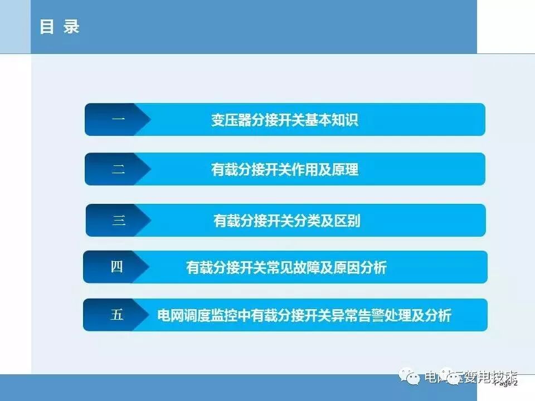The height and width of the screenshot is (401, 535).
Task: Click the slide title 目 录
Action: pyautogui.click(x=60, y=27)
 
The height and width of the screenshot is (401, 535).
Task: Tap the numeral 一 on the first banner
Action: pyautogui.click(x=118, y=119)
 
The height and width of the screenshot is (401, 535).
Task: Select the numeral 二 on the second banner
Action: pyautogui.click(x=118, y=169)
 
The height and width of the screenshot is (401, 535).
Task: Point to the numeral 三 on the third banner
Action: pyautogui.click(x=119, y=220)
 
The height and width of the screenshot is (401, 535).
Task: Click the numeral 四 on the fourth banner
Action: pyautogui.click(x=116, y=267)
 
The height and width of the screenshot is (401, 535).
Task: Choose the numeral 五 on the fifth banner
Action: pyautogui.click(x=116, y=315)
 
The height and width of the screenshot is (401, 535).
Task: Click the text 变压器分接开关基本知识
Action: pyautogui.click(x=284, y=120)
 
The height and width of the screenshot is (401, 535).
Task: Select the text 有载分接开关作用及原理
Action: pyautogui.click(x=284, y=169)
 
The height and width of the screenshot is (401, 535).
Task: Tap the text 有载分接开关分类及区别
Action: pyautogui.click(x=286, y=221)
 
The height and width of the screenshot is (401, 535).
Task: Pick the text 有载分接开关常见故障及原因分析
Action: pyautogui.click(x=286, y=268)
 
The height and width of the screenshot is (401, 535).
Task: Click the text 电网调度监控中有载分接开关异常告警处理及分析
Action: pyautogui.click(x=304, y=316)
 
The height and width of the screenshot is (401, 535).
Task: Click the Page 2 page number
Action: pyautogui.click(x=507, y=383)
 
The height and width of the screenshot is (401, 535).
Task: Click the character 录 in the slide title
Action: pyautogui.click(x=71, y=27)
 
